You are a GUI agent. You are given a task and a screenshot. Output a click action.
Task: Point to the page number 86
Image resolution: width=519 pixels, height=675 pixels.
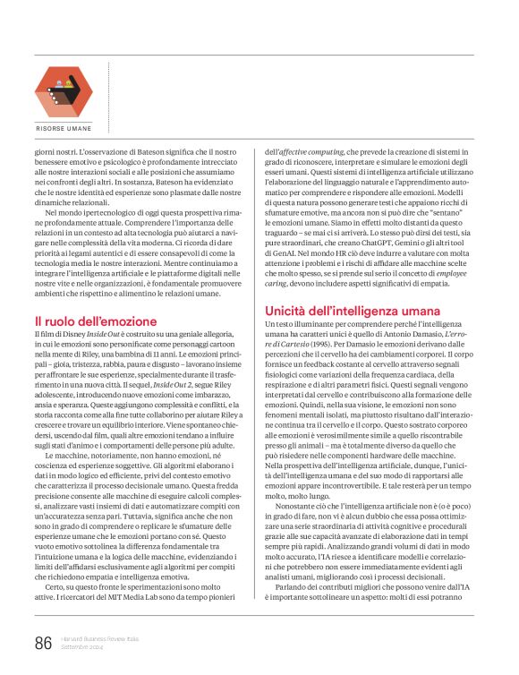pos(43,643)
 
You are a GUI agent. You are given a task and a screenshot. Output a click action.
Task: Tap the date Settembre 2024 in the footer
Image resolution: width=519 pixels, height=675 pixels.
pos(83,647)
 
